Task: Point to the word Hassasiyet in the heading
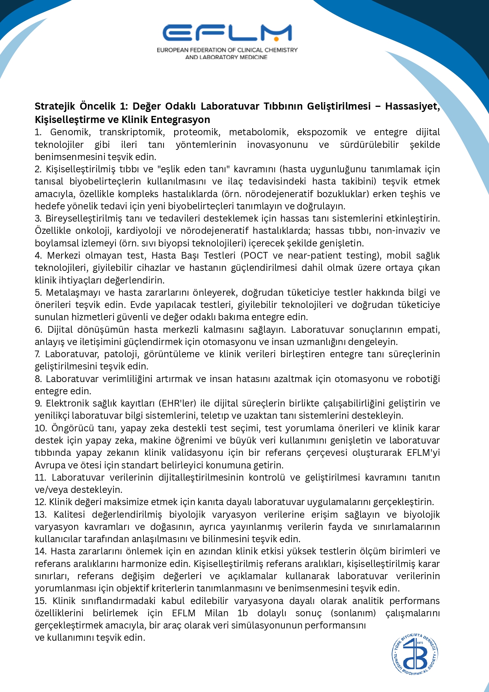412,106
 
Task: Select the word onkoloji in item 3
93,231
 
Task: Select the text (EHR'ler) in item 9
178,403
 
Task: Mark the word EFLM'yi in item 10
423,453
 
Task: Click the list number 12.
40,502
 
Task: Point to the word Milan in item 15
216,613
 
